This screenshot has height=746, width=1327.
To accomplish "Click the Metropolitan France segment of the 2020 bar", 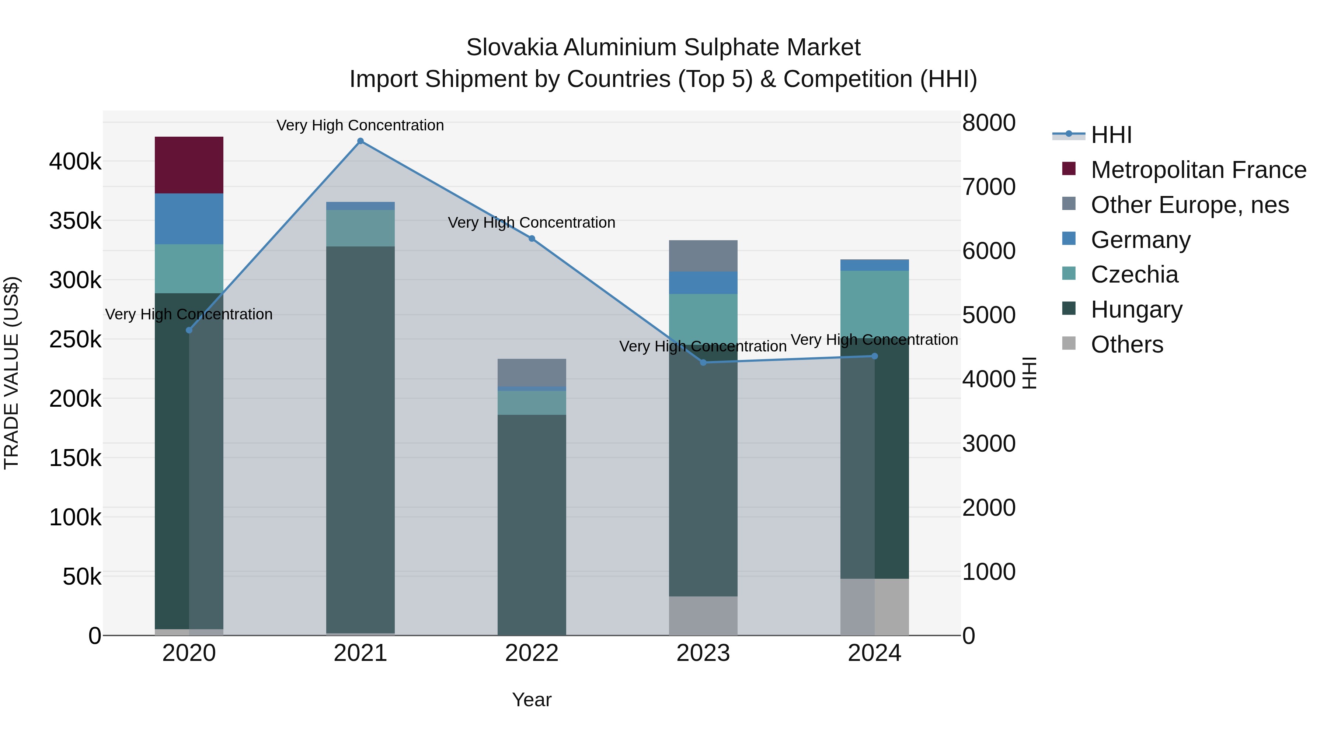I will [189, 165].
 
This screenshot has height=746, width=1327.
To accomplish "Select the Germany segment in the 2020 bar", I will [189, 219].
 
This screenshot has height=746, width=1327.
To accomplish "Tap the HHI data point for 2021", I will [361, 141].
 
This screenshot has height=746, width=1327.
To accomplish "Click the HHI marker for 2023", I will [704, 363].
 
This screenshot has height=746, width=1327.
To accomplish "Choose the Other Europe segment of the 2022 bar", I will [532, 372].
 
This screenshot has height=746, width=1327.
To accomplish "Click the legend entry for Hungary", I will [1136, 309].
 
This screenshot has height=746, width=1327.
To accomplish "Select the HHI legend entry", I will [1111, 135].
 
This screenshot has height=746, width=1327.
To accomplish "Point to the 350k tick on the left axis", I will [75, 221].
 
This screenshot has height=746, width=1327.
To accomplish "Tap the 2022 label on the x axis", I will [532, 653].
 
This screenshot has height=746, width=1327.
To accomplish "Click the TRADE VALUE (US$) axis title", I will [11, 373].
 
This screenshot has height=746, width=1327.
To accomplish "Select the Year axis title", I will [532, 700].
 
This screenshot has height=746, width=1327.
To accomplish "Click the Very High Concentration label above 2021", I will [360, 125].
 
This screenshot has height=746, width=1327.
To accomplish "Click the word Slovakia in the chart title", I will [512, 48].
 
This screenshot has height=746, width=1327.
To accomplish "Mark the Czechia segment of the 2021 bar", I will [361, 228].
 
